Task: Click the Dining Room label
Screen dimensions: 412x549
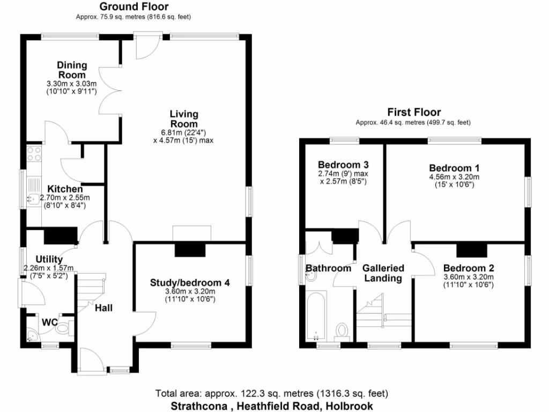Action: coord(72,70)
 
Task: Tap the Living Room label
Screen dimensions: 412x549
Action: coord(184,119)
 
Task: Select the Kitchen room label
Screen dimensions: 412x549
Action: coord(65,189)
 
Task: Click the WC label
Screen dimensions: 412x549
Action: coord(49,322)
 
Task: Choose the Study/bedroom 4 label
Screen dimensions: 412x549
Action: coord(190,283)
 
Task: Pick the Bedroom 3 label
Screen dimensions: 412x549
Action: coord(343,164)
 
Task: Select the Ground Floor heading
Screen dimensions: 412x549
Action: coord(134,7)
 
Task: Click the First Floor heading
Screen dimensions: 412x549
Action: coord(414,112)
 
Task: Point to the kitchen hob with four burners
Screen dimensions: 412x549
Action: coord(34,154)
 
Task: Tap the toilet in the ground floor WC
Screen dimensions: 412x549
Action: coord(63,327)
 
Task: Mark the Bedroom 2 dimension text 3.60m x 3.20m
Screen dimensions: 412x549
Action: coord(469,277)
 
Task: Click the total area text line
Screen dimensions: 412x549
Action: coord(272,393)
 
